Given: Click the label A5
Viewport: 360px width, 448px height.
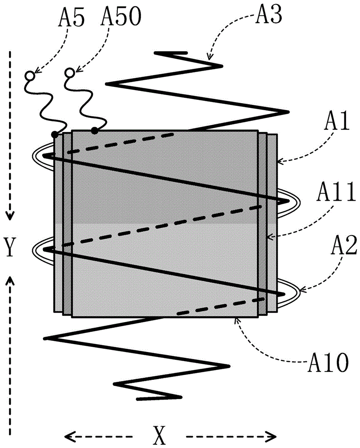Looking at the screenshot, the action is point(71,17).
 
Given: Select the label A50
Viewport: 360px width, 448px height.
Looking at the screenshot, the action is point(121,17).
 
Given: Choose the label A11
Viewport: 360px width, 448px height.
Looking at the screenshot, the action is point(336,192).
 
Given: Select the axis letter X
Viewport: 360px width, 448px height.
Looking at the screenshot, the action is point(159,435).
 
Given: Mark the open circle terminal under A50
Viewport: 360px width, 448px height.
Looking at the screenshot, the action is point(69,73).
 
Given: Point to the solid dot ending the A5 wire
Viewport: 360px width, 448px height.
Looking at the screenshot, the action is point(54,134).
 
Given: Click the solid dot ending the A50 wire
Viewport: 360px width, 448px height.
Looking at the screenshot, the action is point(94,131).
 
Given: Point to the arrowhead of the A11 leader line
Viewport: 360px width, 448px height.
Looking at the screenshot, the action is point(270,237).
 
